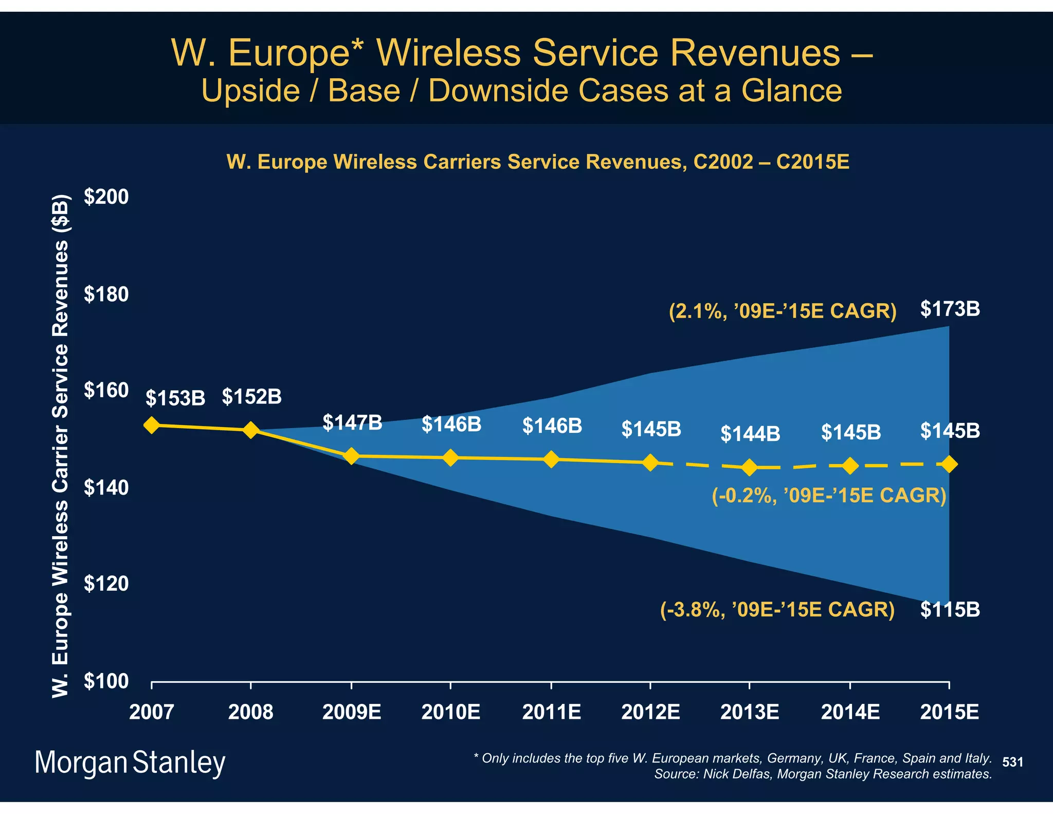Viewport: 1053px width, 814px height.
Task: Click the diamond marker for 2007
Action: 151,425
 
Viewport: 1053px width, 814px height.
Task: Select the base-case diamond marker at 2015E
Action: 949,465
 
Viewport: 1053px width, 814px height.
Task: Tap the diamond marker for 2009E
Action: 351,456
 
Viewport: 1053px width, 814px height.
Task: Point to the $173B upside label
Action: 950,309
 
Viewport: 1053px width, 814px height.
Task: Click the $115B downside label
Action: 950,610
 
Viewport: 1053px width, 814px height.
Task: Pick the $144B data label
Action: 750,434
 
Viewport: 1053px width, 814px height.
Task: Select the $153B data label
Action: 175,398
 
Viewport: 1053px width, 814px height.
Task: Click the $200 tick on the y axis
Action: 106,197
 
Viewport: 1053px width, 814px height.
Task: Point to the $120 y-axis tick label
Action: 106,583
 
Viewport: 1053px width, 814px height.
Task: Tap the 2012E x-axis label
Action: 650,712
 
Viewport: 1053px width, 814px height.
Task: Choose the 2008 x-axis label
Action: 250,712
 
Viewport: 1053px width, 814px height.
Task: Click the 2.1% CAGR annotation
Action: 783,311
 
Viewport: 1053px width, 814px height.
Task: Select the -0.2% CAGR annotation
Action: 829,495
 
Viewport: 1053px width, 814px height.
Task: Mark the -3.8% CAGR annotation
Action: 777,609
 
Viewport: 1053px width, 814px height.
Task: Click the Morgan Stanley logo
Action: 130,763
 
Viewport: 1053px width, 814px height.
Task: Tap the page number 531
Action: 1012,762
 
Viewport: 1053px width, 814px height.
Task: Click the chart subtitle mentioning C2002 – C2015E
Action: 538,162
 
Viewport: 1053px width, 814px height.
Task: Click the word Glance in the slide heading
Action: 791,91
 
